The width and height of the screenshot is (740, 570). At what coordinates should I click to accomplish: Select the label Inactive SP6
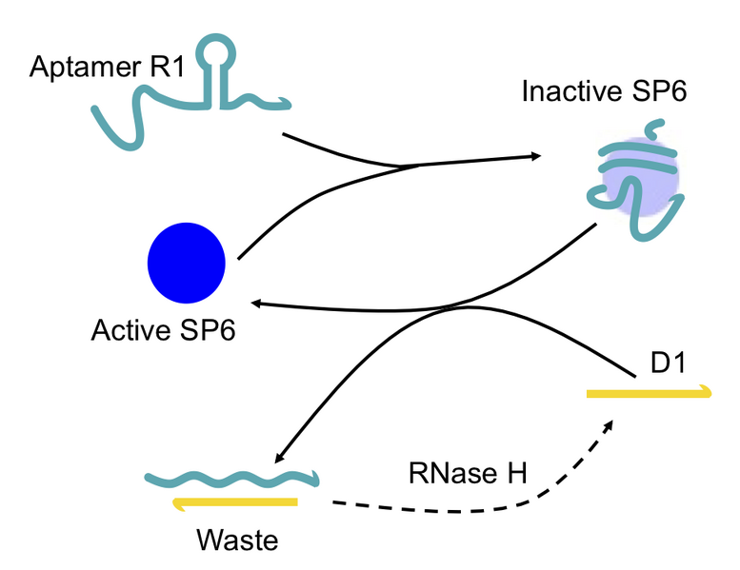pyautogui.click(x=604, y=92)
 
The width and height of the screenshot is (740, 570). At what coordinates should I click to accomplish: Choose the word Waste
pyautogui.click(x=237, y=541)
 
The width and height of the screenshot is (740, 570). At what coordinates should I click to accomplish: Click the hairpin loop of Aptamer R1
pyautogui.click(x=216, y=49)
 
